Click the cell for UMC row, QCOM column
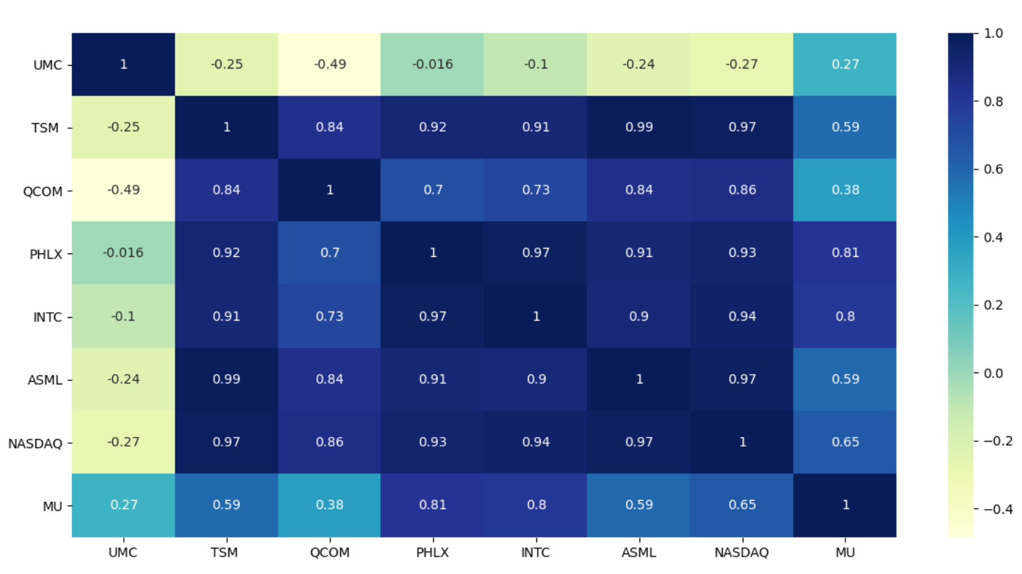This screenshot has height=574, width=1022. pyautogui.click(x=330, y=64)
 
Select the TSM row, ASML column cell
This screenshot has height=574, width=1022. pyautogui.click(x=639, y=127)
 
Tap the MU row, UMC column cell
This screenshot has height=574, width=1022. pyautogui.click(x=123, y=505)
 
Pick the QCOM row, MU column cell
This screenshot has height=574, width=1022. pyautogui.click(x=845, y=190)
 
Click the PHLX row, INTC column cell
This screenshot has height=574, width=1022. pyautogui.click(x=536, y=253)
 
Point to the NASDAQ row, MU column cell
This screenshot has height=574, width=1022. pyautogui.click(x=845, y=442)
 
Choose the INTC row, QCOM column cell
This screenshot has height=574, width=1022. pyautogui.click(x=330, y=316)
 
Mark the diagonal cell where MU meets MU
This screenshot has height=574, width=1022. pyautogui.click(x=845, y=505)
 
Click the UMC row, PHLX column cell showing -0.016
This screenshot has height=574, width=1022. pyautogui.click(x=432, y=64)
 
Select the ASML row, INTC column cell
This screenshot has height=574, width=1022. pyautogui.click(x=536, y=379)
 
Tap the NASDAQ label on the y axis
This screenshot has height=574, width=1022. pyautogui.click(x=35, y=443)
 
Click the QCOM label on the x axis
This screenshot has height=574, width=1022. pyautogui.click(x=330, y=553)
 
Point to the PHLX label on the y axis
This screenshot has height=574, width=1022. pyautogui.click(x=46, y=254)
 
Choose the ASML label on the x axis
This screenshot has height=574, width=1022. pyautogui.click(x=639, y=553)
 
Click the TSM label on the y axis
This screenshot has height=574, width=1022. pyautogui.click(x=45, y=128)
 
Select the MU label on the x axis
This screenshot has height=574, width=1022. pyautogui.click(x=845, y=553)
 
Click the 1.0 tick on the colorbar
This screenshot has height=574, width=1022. pyautogui.click(x=993, y=33)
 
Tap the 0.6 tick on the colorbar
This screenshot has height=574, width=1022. pyautogui.click(x=993, y=169)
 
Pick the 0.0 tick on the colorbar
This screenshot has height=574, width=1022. pyautogui.click(x=993, y=373)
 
